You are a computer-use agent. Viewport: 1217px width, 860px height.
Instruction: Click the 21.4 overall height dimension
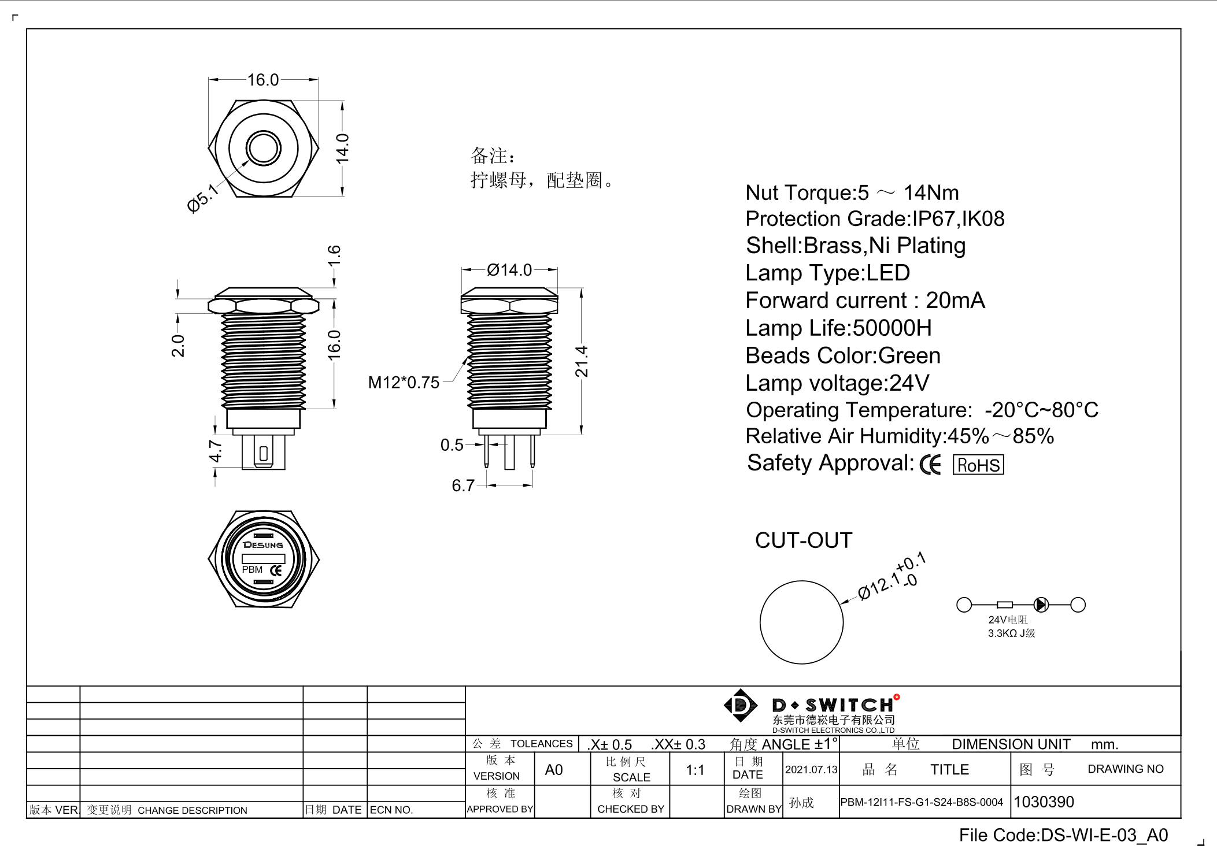[581, 362]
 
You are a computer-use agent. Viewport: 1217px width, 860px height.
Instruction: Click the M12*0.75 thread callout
[404, 383]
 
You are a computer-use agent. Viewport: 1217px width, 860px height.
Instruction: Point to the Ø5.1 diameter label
[203, 199]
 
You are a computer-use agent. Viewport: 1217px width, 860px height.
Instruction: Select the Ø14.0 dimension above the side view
[509, 270]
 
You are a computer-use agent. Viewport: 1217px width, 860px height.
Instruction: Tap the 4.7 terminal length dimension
[215, 451]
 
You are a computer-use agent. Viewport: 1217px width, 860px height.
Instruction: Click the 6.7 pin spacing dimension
[463, 485]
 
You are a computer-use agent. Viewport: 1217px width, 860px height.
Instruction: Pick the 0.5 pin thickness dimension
[452, 445]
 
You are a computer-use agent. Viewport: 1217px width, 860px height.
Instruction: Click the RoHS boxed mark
[978, 465]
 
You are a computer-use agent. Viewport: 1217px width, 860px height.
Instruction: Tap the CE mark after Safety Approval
[930, 465]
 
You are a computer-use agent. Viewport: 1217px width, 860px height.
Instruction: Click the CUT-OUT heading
[803, 540]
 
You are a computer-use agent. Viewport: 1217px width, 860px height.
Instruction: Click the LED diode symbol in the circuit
[1041, 605]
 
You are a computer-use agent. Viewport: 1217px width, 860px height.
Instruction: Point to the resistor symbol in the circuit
[1005, 605]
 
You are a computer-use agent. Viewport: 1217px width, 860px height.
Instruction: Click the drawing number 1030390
[1044, 802]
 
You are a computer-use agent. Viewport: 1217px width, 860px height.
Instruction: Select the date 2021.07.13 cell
[811, 770]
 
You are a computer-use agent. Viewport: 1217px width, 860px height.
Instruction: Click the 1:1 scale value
[695, 770]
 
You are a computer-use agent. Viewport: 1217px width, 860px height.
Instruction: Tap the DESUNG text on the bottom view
[263, 545]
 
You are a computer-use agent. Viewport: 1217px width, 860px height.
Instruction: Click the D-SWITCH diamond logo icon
[740, 705]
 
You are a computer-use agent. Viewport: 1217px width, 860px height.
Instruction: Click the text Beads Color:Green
[842, 355]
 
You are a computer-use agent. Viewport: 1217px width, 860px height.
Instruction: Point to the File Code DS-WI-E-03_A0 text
[1063, 835]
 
